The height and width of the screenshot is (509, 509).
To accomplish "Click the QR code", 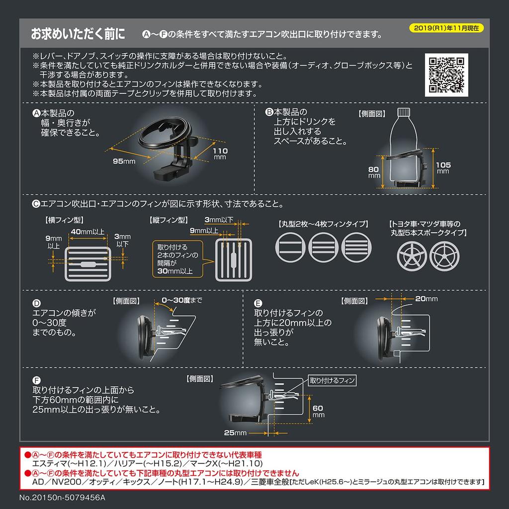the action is (x=446, y=75).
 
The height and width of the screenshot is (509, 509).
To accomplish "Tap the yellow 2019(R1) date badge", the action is (x=446, y=28).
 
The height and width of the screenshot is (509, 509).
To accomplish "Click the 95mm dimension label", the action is (x=124, y=162).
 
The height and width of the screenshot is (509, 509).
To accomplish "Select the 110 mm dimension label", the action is (x=220, y=154).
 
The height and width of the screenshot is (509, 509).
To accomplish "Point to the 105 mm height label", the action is (x=443, y=168).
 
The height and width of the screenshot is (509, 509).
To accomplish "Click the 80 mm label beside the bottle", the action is (x=374, y=172).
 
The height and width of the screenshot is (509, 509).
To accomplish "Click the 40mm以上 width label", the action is (x=87, y=232).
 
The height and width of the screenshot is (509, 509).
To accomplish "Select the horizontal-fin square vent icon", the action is (x=88, y=264).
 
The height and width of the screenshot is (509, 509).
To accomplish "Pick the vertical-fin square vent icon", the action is (x=234, y=259).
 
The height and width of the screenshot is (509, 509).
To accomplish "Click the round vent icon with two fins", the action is (x=290, y=248).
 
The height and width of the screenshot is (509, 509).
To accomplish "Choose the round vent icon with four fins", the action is (x=356, y=248).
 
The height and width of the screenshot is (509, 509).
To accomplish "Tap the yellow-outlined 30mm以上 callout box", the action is (x=177, y=259).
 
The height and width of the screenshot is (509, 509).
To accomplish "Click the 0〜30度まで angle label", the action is (x=182, y=300).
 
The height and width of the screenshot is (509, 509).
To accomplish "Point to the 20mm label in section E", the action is (x=426, y=299).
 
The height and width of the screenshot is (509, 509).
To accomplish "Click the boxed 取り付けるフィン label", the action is (x=332, y=380).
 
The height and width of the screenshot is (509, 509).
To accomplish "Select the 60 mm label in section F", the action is (x=318, y=411).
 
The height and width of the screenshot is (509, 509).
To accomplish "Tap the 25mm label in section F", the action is (x=235, y=433).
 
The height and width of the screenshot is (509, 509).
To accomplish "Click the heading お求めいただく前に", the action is (x=78, y=34).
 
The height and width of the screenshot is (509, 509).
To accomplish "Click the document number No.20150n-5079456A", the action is (x=62, y=498).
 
